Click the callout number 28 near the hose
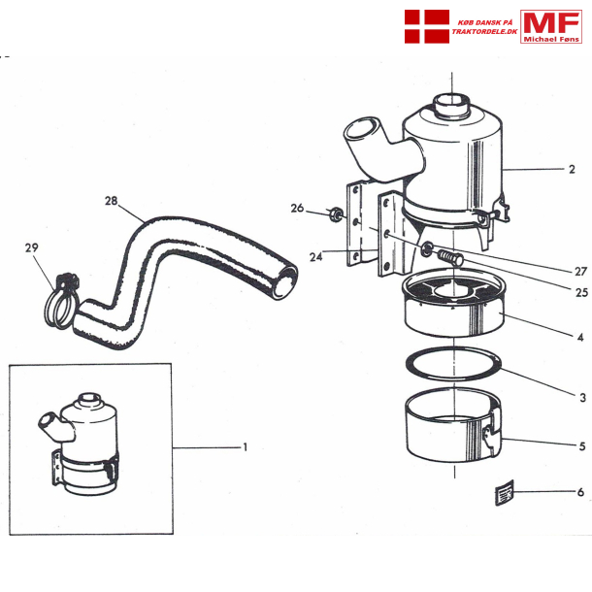tap(111, 201)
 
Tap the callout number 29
tap(32, 247)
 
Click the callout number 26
tap(297, 208)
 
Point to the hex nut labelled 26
tap(334, 214)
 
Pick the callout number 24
tap(316, 257)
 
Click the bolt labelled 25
tap(451, 257)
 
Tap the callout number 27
tap(580, 271)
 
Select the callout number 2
tap(572, 169)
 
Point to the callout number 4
tap(580, 337)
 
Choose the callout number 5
tap(582, 446)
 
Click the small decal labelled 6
tap(505, 492)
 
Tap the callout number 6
tap(580, 492)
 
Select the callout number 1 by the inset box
tap(245, 447)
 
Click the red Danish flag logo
tap(427, 26)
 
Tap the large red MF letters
tap(551, 22)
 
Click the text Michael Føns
tap(551, 39)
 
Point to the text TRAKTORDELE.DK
tap(485, 32)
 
